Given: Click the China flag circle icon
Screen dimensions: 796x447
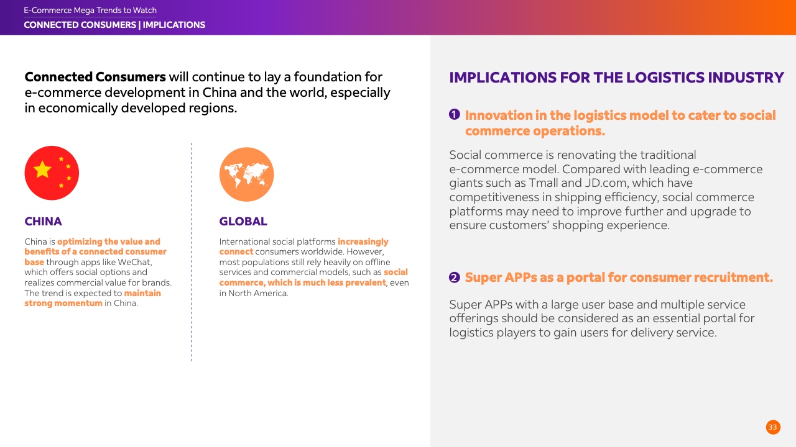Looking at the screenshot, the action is [52, 173].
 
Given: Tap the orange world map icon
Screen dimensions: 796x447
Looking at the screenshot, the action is [247, 174].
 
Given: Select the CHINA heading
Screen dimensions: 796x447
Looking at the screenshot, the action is [43, 222].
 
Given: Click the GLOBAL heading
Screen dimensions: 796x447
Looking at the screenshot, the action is [243, 222].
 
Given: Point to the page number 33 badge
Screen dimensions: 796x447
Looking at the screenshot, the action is [773, 427].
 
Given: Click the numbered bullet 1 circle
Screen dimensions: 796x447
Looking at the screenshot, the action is [455, 115].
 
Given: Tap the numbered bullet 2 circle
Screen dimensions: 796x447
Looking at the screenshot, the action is [455, 277].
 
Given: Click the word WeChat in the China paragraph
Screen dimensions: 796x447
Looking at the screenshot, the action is [134, 262].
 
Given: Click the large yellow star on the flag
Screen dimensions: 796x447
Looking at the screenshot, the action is [42, 169].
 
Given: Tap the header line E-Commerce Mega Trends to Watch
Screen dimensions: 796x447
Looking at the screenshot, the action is [90, 11].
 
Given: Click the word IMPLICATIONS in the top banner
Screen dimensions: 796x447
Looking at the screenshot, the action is [174, 25].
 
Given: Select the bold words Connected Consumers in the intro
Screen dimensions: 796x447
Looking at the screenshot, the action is [95, 77].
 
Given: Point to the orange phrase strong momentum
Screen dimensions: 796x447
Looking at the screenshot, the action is [63, 304].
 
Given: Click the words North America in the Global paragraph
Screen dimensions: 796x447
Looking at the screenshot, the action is [257, 294].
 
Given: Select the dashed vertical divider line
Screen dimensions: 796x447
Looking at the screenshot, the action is [191, 252].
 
